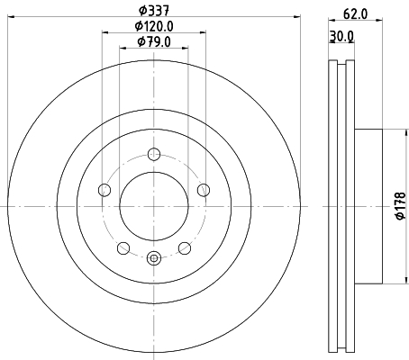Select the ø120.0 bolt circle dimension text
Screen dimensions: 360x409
pos(155,27)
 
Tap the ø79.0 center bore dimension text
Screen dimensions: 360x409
pos(155,42)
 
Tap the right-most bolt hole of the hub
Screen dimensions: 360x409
pos(204,189)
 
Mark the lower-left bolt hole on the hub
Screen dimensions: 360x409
pos(123,248)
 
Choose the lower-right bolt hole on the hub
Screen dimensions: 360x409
pos(185,248)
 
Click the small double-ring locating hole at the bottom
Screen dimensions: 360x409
pos(154,259)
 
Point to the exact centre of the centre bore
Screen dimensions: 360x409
pos(154,206)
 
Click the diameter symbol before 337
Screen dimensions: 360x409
pos(141,12)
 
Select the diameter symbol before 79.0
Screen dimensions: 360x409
pos(141,42)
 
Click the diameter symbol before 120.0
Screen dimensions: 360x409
pos(139,27)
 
